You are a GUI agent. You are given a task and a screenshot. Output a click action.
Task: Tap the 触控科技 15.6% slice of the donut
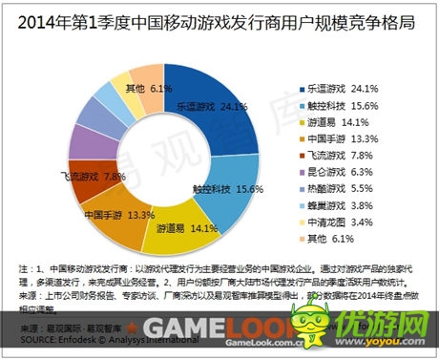(x=233, y=181)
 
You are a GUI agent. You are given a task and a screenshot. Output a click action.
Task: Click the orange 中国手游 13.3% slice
(x=114, y=212)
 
